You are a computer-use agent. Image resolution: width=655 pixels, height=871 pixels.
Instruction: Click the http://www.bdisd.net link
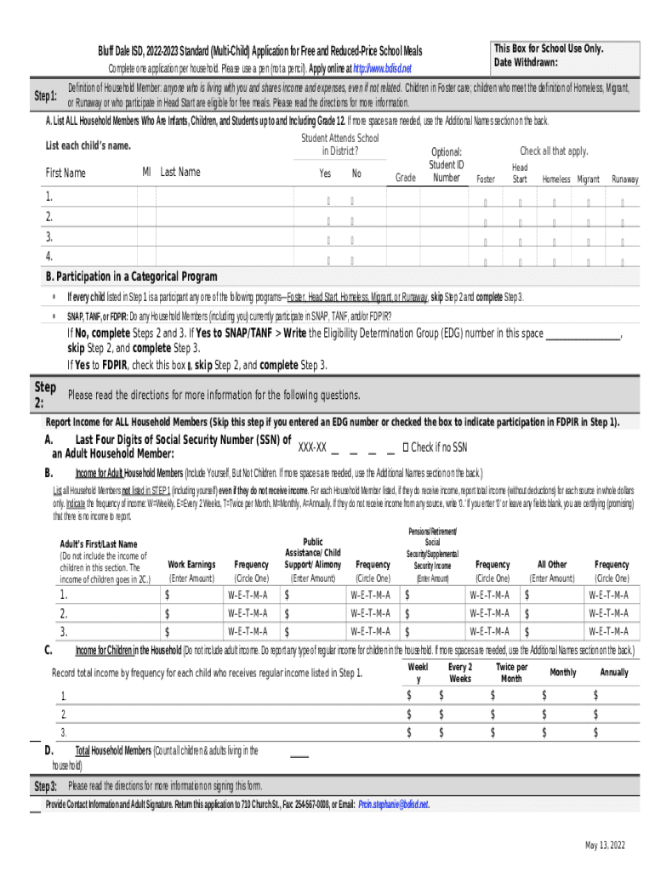click(x=383, y=68)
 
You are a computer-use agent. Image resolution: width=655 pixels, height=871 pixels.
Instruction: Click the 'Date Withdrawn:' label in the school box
click(x=526, y=62)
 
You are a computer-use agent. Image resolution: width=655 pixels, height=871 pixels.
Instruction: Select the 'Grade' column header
click(x=406, y=179)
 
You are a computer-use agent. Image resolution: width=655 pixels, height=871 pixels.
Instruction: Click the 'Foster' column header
click(x=486, y=179)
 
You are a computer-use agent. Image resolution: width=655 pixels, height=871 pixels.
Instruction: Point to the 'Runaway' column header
click(x=625, y=179)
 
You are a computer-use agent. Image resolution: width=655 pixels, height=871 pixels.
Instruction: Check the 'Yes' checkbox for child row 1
click(x=327, y=202)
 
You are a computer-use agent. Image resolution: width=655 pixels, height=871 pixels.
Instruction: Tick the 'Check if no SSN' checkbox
click(x=406, y=447)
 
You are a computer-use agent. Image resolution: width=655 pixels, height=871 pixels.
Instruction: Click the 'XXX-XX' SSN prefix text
click(x=312, y=448)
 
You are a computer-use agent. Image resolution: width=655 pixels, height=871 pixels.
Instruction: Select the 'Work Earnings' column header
click(x=191, y=565)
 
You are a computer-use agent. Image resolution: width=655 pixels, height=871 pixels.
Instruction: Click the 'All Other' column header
click(x=551, y=565)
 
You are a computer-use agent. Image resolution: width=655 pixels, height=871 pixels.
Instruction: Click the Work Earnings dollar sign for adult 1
click(x=168, y=595)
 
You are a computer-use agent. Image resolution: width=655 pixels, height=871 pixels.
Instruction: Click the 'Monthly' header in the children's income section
click(x=562, y=673)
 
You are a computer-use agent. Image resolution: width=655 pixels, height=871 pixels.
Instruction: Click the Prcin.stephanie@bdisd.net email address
click(x=393, y=804)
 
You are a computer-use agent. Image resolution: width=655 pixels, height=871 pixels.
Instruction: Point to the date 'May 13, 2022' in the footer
click(x=605, y=845)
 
